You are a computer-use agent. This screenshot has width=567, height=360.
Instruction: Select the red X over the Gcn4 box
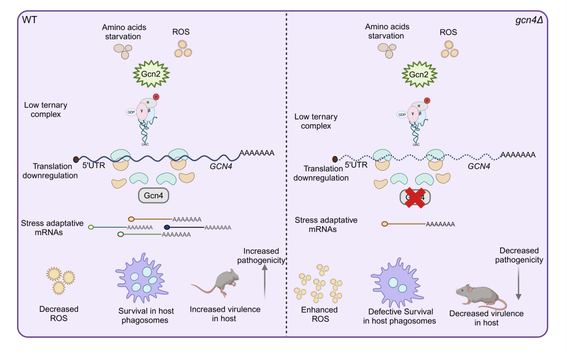(415, 197)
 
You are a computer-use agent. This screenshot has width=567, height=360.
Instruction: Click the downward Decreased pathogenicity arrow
(518, 285)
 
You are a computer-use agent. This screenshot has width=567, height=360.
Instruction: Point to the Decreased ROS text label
(59, 313)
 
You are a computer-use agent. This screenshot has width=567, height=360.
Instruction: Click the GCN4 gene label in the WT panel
(220, 165)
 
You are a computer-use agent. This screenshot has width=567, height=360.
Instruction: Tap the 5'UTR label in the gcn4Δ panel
(357, 165)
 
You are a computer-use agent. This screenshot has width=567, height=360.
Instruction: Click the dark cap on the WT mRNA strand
(76, 160)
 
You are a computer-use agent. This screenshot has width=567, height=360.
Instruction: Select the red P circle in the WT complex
(156, 97)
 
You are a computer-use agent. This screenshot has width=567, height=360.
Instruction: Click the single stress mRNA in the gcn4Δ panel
(418, 224)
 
